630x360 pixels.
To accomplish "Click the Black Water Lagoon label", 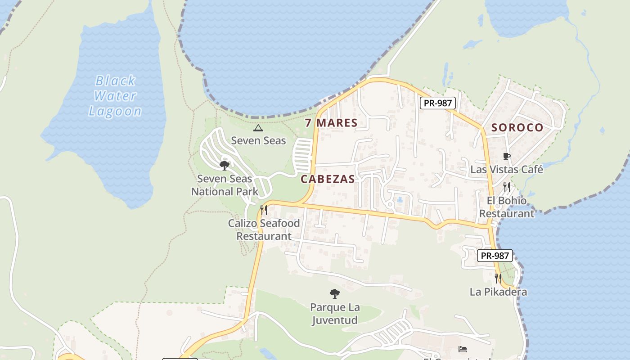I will coord(115,96).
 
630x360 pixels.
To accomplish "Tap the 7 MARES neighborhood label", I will coord(331,122).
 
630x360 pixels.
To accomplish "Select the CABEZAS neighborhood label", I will coord(328,179).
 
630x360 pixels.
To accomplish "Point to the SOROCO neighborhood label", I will coord(517,127).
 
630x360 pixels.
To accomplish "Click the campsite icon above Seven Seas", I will coord(258,128).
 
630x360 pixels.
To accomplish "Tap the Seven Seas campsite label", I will coord(258,140).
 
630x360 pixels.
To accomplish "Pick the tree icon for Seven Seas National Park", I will coord(225,166).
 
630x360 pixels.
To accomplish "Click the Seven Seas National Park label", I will coord(225,185).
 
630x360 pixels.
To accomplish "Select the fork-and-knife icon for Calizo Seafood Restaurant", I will coord(264,210).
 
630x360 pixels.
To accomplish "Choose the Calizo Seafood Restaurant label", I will coord(264,229).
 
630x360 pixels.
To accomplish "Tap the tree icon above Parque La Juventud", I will coord(334,294).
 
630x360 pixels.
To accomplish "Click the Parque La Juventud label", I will coord(335,314).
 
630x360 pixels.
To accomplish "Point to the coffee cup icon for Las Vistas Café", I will coord(507,157).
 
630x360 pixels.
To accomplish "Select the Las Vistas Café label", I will coord(507,170).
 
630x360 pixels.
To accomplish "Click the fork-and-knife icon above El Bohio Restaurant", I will coord(507,187).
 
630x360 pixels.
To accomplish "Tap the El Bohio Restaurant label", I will coord(507,207).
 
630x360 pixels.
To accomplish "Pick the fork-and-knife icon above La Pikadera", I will coord(498,279).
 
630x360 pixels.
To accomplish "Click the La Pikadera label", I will coord(498,292).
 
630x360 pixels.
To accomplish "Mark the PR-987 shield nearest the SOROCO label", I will coord(438,103).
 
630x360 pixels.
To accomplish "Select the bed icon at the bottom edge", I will coord(463,349).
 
